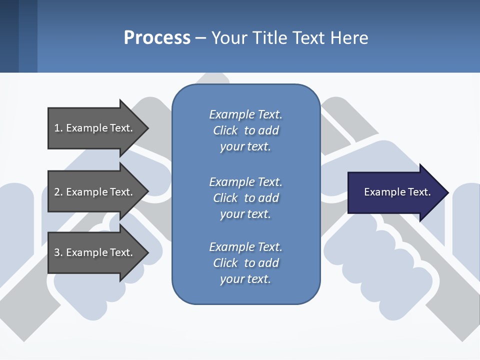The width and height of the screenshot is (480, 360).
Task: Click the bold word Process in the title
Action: click(157, 38)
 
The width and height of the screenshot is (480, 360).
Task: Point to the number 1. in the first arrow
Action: click(58, 128)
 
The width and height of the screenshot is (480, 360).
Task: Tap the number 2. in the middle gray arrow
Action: click(58, 192)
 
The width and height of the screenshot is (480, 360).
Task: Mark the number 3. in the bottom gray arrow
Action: click(58, 252)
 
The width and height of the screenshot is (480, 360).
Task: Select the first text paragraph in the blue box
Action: click(245, 130)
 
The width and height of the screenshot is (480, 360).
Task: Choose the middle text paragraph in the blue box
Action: click(245, 197)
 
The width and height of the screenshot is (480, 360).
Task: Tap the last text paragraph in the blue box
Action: click(245, 263)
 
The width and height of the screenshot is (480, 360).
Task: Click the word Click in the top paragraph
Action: click(225, 130)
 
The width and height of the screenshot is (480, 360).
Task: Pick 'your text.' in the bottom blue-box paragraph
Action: click(245, 279)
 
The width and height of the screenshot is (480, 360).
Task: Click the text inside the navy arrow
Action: click(397, 192)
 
